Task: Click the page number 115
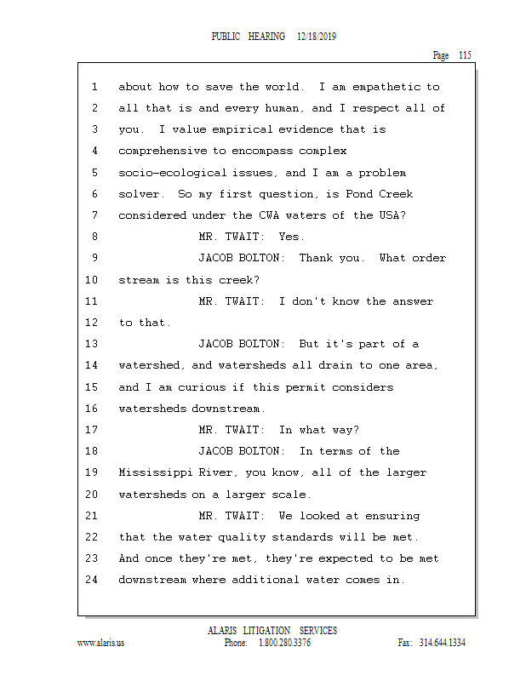pyautogui.click(x=464, y=55)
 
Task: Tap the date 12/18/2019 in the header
pyautogui.click(x=319, y=37)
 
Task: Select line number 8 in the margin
pyautogui.click(x=94, y=237)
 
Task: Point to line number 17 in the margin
pyautogui.click(x=93, y=430)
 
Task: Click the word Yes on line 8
pyautogui.click(x=291, y=237)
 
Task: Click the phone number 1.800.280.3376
pyautogui.click(x=284, y=643)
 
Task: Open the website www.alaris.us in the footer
pyautogui.click(x=100, y=643)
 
